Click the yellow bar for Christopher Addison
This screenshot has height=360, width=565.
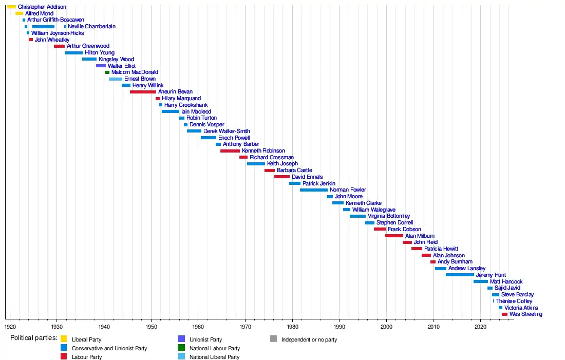coord(11,7)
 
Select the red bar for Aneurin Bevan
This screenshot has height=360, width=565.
coord(143,92)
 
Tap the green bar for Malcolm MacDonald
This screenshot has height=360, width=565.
coord(107,72)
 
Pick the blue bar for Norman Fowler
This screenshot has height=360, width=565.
coord(313,190)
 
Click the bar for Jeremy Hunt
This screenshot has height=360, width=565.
coord(460,275)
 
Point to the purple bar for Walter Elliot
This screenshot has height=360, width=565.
coord(101,66)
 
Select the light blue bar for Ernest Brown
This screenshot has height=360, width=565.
coord(116,79)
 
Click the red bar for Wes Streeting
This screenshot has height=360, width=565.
coord(504,314)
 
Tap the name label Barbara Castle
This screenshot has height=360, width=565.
coord(294,170)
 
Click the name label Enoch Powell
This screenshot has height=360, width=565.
coord(234,138)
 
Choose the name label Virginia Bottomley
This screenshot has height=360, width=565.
coord(389,216)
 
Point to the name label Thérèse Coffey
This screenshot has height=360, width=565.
coord(514,301)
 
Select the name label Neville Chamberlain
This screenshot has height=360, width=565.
coord(91,26)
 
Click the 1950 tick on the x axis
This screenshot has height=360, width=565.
coord(151,319)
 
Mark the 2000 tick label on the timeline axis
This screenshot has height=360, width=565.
coord(386,326)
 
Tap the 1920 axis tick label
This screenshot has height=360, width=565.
coord(10,326)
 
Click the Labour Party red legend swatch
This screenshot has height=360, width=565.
coord(64,357)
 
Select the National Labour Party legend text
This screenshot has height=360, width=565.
coord(215,348)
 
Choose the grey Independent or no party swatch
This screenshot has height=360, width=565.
coord(273,339)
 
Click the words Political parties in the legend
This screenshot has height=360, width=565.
coord(33,338)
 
